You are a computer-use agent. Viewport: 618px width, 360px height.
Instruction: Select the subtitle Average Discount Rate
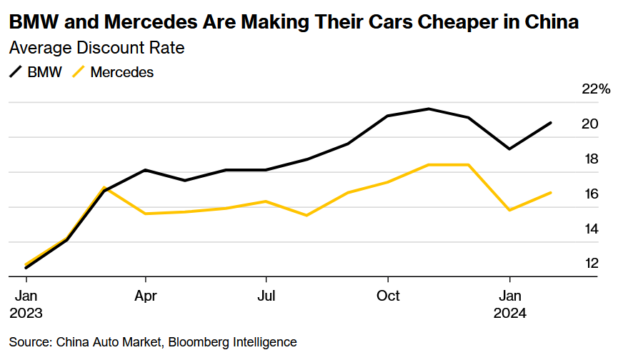point(96,49)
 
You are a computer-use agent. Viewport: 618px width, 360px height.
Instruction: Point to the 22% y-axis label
point(597,89)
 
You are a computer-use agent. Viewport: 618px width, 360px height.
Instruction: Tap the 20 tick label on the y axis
point(589,124)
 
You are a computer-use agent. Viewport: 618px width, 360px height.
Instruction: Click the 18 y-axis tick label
point(589,159)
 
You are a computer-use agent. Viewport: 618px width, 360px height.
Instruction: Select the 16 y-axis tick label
point(589,194)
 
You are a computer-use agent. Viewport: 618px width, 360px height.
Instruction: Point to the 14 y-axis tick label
point(589,229)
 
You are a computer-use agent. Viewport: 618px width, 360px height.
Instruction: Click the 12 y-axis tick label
point(589,264)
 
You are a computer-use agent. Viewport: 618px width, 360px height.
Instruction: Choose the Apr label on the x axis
point(146,296)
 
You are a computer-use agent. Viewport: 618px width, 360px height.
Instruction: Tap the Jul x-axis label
point(266,296)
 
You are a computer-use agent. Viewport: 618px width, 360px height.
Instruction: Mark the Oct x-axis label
point(388,296)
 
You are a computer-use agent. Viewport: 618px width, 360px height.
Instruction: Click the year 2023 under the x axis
point(26,313)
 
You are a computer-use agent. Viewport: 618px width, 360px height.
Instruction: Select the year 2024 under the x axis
point(509,313)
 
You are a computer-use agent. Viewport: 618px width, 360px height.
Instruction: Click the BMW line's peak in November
point(428,109)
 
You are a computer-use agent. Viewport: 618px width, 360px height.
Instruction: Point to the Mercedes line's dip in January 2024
point(509,210)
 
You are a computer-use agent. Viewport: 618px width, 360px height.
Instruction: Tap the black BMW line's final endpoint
point(550,123)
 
